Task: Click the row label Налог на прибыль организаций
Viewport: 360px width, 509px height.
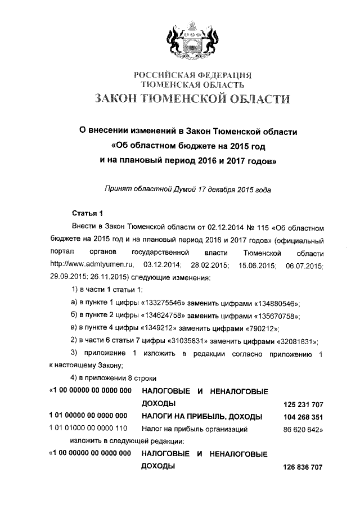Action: click(195, 430)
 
